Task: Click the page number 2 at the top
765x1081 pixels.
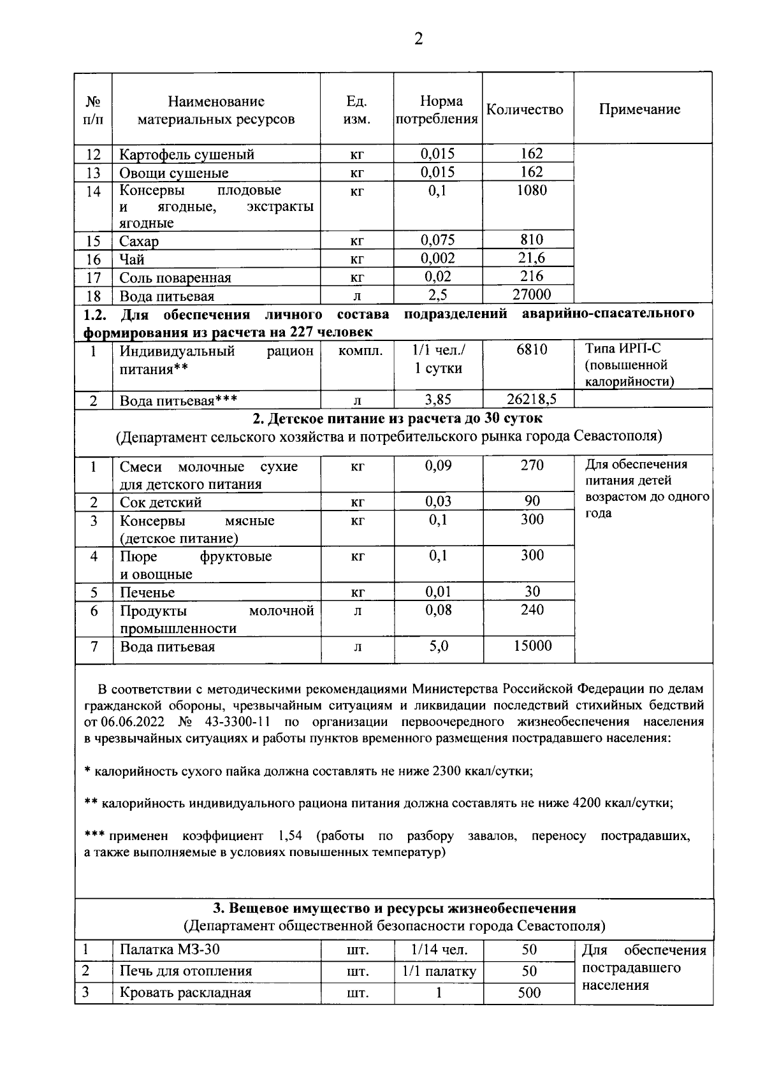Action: point(418,40)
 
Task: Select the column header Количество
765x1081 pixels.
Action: point(525,110)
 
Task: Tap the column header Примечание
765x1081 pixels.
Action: point(639,109)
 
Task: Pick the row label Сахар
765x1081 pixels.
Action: point(139,242)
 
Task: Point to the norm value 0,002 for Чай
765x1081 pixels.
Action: point(439,258)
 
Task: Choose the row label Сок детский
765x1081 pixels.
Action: point(161,502)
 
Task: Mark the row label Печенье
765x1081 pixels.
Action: point(147,593)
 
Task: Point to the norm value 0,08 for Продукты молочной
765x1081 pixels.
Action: point(439,610)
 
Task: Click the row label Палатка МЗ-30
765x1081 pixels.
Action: point(170,950)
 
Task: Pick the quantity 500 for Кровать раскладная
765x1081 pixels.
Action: point(530,992)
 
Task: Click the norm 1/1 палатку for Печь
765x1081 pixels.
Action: point(439,971)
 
